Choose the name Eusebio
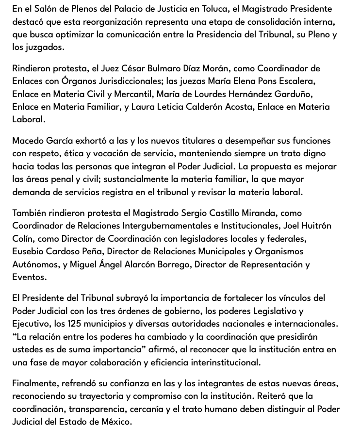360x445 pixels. coord(30,251)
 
